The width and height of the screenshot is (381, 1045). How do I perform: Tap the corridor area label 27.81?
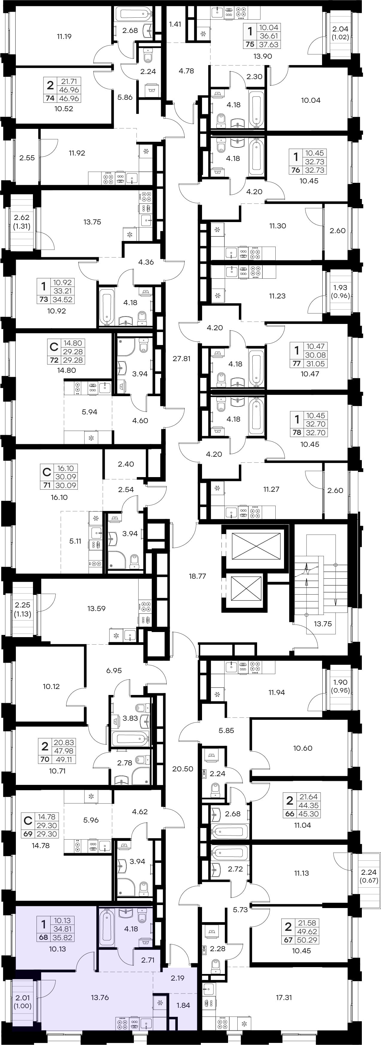181,359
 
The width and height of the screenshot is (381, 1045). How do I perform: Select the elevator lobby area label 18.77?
198,576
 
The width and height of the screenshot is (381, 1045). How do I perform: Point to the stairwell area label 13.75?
323,624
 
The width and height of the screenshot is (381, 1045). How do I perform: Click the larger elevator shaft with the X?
256,547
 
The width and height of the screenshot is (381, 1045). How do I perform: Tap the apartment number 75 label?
250,45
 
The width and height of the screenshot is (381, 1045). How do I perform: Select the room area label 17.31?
284,998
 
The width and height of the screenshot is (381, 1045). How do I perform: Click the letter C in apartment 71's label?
47,473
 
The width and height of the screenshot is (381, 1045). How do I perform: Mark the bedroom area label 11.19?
64,37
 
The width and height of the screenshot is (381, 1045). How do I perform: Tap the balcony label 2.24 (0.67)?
369,876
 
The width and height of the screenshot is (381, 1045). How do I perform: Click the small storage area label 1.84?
183,1005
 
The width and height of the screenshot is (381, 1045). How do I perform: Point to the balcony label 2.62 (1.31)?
22,222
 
